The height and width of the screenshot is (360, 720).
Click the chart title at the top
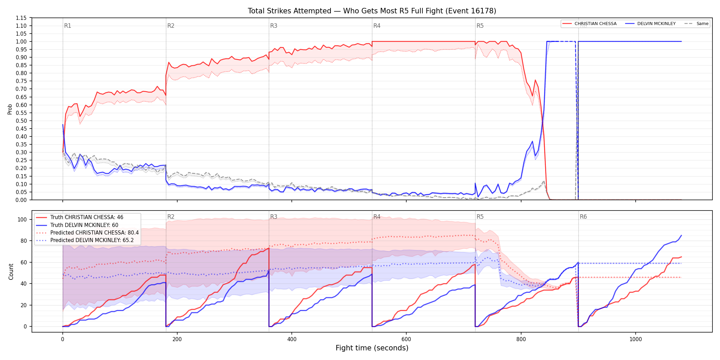372,11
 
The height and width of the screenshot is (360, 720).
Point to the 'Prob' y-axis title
10,109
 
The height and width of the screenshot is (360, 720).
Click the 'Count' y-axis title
11,272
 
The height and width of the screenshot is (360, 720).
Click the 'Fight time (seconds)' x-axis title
372,348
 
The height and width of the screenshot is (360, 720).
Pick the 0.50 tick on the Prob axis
21,121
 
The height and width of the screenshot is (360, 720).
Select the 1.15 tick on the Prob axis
21,18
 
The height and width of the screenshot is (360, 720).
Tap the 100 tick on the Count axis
22,219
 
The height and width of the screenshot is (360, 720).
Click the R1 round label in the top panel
68,26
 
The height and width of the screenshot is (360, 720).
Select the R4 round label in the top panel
377,26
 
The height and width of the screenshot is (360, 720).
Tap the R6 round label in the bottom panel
583,217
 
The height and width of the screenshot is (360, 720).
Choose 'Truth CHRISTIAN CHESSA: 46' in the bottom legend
87,217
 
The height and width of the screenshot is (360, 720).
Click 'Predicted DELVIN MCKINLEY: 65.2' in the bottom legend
92,240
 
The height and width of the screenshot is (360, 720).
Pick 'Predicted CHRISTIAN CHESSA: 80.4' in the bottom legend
95,233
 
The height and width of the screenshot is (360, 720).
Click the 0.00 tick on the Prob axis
21,200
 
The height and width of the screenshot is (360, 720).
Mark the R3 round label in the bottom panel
274,217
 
